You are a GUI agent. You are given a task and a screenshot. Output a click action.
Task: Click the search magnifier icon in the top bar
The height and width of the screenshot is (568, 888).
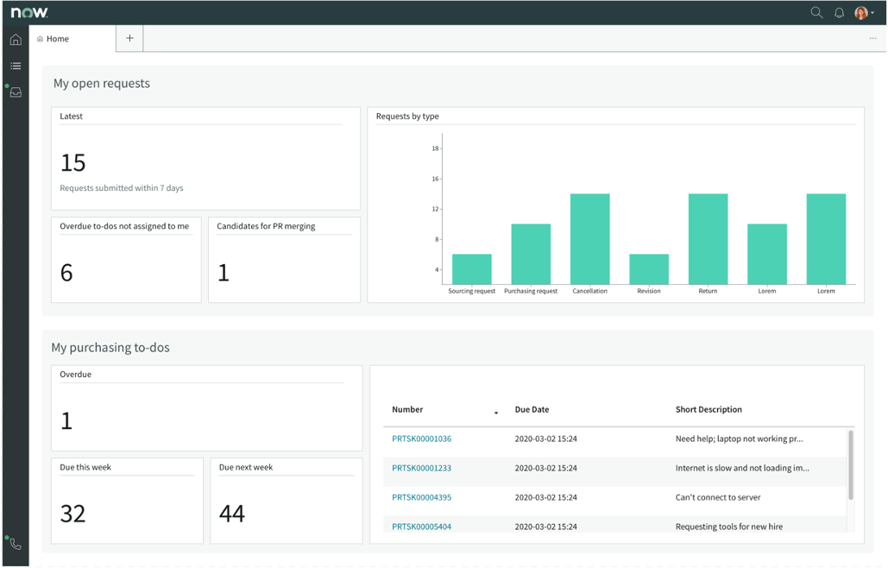click(816, 13)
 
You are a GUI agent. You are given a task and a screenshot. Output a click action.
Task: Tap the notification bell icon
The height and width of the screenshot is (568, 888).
click(839, 13)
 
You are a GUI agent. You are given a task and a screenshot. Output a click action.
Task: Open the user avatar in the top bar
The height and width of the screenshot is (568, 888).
click(861, 13)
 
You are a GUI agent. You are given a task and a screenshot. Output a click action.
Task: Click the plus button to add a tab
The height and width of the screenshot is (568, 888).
click(129, 38)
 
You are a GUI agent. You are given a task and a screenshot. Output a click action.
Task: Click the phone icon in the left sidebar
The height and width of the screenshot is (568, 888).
click(16, 544)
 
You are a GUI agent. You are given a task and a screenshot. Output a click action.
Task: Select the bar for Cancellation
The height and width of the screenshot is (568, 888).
click(589, 239)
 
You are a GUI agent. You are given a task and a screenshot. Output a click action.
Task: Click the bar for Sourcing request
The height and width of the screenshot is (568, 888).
click(471, 269)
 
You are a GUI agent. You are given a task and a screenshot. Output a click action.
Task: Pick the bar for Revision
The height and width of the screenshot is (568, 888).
click(649, 269)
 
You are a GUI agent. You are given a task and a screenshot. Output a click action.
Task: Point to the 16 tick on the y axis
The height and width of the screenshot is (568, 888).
click(435, 179)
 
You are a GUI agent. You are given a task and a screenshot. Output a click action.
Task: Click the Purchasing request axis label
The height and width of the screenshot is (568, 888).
click(531, 292)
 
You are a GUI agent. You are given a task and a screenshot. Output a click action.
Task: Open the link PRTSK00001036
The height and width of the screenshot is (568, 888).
click(421, 439)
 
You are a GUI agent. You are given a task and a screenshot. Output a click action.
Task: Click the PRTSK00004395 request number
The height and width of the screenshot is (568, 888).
click(421, 497)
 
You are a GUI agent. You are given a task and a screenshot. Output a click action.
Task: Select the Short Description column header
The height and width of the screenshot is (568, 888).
click(709, 410)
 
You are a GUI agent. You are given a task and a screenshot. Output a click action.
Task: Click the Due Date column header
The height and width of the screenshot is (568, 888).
click(532, 410)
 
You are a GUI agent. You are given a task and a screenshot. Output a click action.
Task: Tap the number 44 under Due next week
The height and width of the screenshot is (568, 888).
click(232, 514)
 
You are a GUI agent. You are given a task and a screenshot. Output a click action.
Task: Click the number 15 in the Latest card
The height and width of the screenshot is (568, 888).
click(73, 162)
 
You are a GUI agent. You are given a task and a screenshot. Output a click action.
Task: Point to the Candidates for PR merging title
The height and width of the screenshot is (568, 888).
click(266, 226)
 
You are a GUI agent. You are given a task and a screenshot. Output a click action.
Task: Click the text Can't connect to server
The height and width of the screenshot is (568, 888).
click(718, 497)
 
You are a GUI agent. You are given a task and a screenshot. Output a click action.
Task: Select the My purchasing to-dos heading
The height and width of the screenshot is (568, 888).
click(110, 348)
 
